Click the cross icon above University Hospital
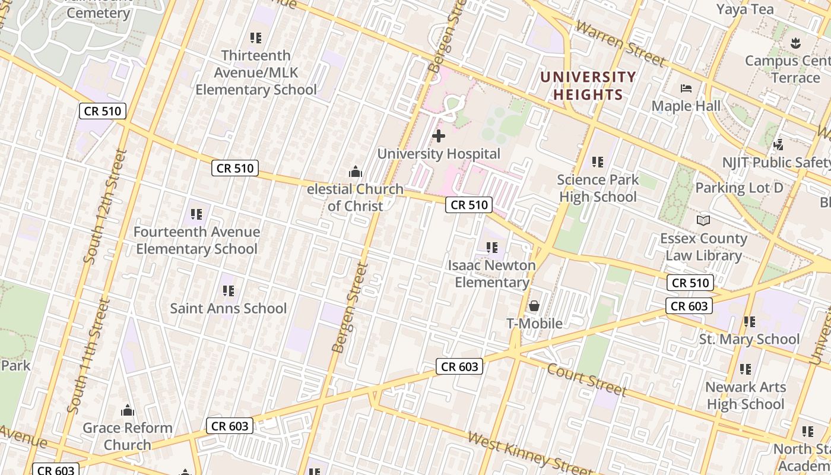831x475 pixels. (x=439, y=136)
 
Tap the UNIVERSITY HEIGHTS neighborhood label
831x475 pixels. (x=588, y=85)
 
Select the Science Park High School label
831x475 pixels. (x=598, y=188)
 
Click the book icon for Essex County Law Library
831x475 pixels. (x=703, y=220)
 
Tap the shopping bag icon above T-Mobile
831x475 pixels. (x=534, y=306)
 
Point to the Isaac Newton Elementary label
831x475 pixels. (x=492, y=274)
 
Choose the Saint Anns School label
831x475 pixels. (x=229, y=308)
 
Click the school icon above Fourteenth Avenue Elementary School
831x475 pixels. (x=196, y=214)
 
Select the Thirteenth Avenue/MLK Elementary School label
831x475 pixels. (x=256, y=72)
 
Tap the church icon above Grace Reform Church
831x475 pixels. (x=128, y=410)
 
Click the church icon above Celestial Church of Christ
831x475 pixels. (x=356, y=172)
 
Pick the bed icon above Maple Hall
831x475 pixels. (x=686, y=89)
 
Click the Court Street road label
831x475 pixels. (x=586, y=379)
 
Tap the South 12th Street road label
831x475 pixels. (x=104, y=205)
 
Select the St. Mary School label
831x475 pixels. (x=749, y=339)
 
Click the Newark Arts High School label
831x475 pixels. (x=746, y=395)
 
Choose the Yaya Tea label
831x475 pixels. (x=745, y=9)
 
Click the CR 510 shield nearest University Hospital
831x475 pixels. (x=469, y=205)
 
